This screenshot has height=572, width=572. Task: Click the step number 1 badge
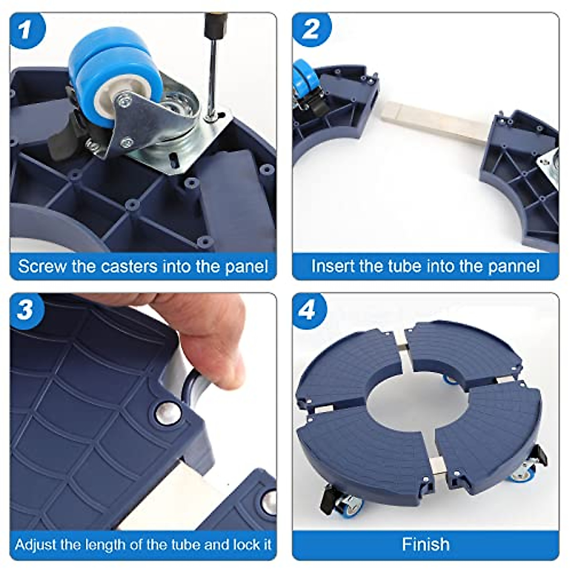[28, 31]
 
